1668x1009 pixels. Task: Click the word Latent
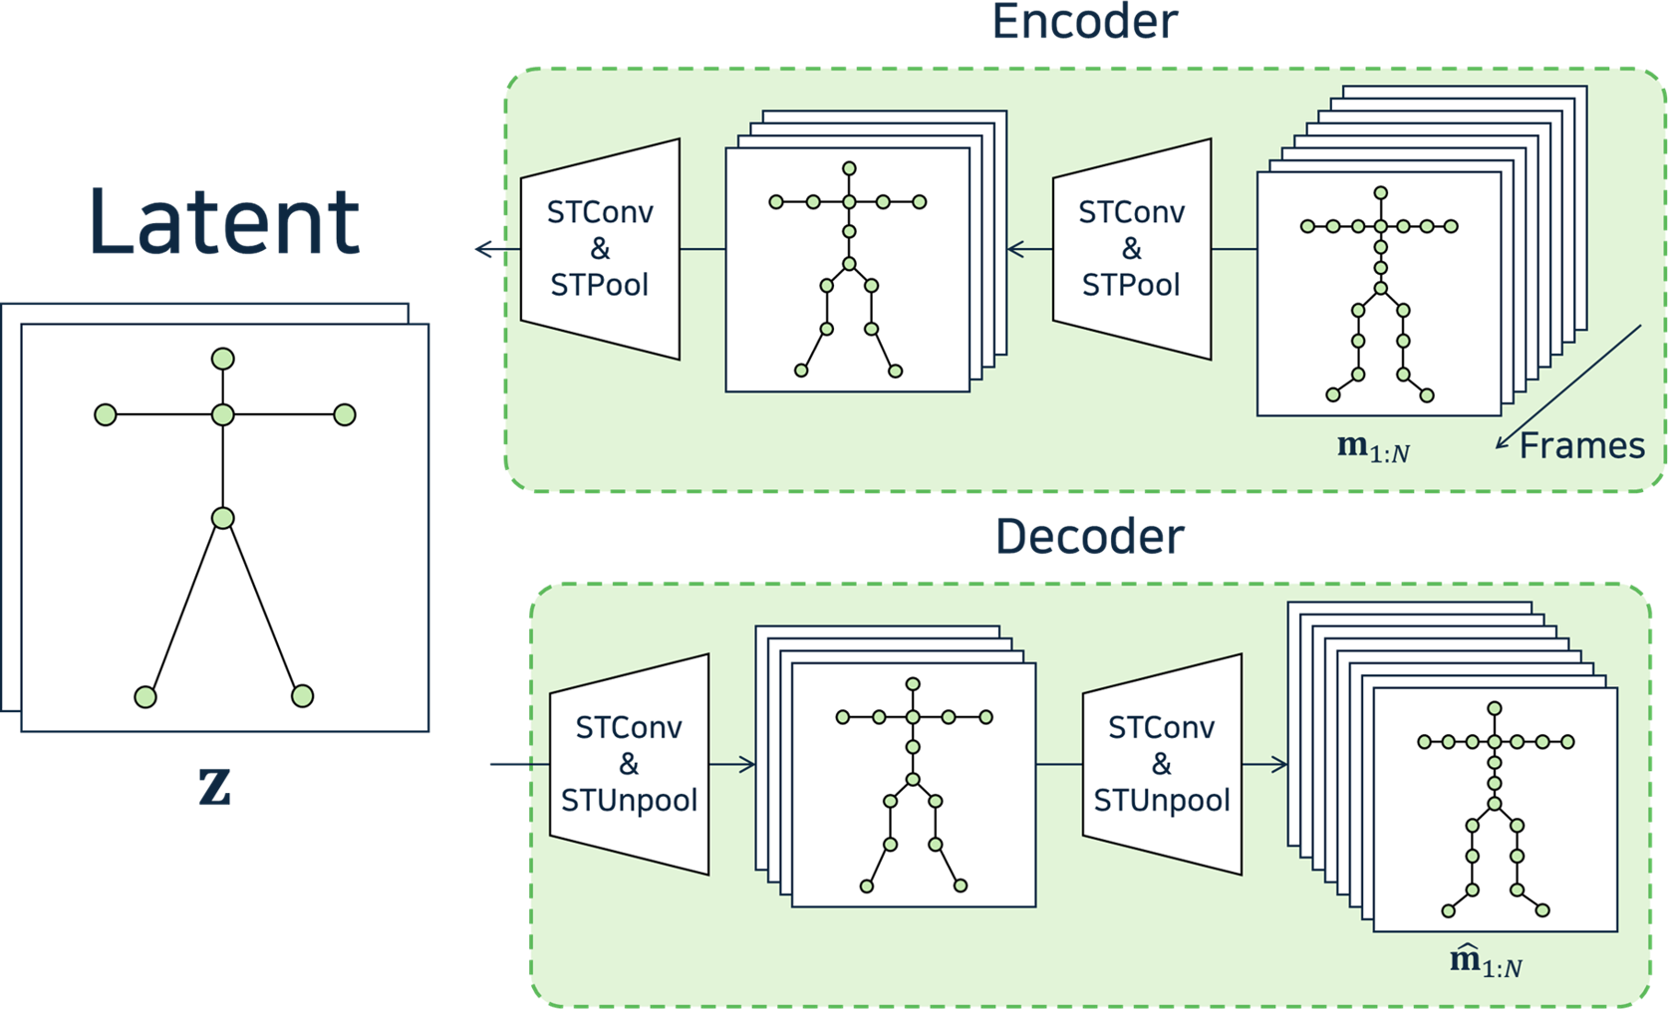[x=224, y=221]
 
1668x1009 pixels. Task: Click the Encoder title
[x=1084, y=22]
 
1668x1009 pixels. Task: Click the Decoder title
[x=1089, y=537]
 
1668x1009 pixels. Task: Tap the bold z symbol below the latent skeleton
[x=215, y=787]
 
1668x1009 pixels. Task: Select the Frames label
[x=1581, y=445]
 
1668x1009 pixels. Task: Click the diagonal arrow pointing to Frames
[x=1568, y=387]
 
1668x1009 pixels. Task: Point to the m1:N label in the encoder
[x=1373, y=448]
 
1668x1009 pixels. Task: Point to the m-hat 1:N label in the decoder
[x=1485, y=962]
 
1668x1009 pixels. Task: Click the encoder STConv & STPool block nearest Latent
[x=600, y=249]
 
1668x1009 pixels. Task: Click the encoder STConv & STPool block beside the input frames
[x=1131, y=249]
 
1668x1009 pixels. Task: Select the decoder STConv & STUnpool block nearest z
[x=629, y=764]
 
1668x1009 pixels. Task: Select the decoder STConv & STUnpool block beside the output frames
[x=1161, y=764]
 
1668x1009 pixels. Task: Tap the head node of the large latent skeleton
[x=223, y=359]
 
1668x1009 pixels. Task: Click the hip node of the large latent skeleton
[x=223, y=518]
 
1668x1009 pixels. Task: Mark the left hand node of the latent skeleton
[x=106, y=414]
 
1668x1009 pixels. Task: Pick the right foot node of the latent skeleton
[x=302, y=696]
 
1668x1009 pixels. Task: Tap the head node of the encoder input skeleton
[x=1380, y=193]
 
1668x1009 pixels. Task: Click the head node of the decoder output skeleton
[x=1494, y=708]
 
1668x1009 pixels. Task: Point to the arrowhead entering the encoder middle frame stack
[x=1016, y=249]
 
